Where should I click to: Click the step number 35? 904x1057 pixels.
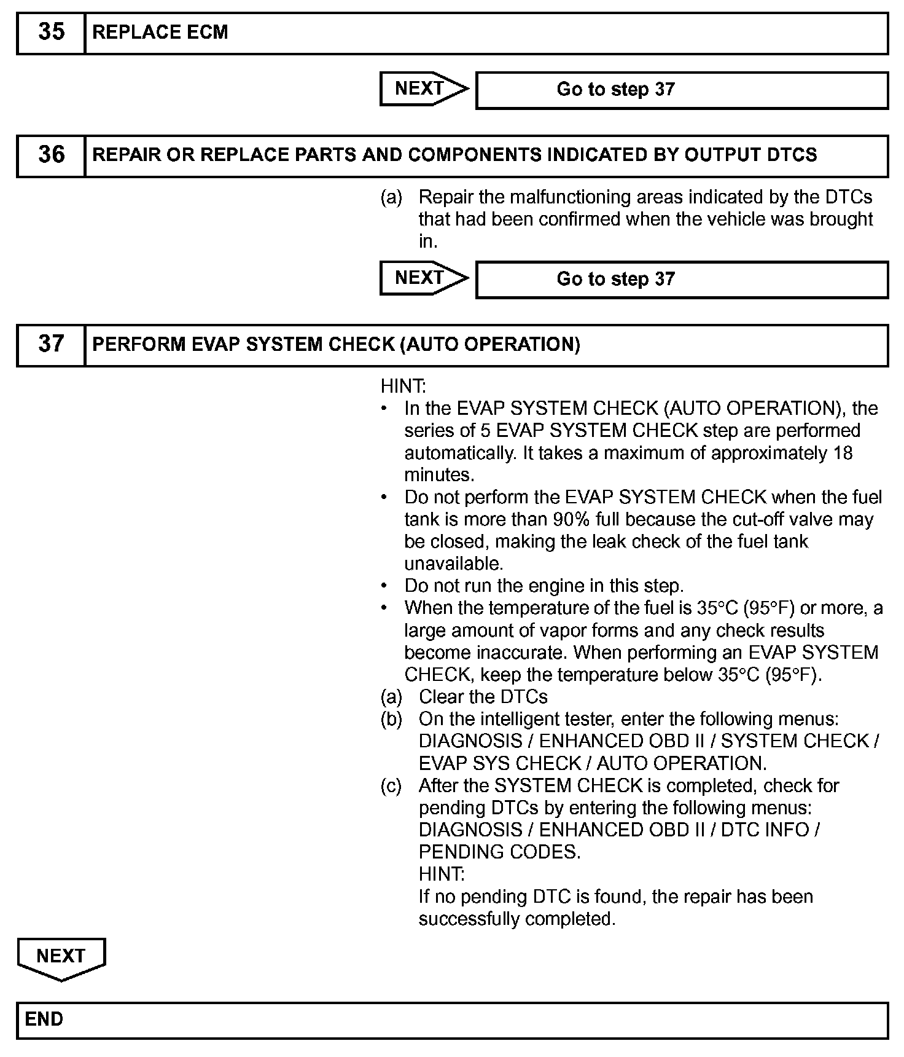(51, 32)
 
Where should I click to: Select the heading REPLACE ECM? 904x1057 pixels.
(160, 33)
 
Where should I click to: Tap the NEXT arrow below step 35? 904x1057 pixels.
(424, 89)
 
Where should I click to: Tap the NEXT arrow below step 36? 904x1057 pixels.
(424, 278)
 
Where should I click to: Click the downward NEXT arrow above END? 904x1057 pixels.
(61, 957)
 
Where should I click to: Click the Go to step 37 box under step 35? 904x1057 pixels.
(682, 90)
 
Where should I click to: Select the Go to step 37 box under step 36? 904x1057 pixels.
(682, 279)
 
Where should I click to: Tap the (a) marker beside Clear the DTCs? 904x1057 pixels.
(391, 696)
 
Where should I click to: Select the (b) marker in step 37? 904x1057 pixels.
(391, 718)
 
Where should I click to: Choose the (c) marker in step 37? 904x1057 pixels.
(391, 785)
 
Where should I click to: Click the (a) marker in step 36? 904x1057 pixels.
(391, 197)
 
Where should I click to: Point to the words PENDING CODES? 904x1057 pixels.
(499, 852)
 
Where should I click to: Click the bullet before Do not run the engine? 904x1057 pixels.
(384, 585)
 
